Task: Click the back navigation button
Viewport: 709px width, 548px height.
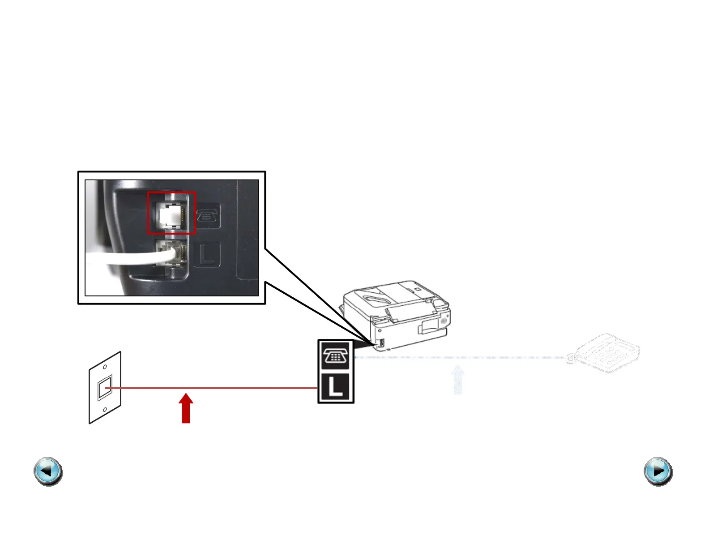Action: [48, 471]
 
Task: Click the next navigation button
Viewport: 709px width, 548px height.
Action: [658, 471]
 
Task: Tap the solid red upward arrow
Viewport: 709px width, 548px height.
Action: [186, 408]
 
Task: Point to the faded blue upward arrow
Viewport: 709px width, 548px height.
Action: [457, 380]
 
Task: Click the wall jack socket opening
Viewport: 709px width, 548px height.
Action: [105, 388]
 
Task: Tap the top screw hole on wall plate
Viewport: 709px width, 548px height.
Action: [105, 367]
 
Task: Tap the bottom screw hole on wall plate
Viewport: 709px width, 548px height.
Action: [105, 410]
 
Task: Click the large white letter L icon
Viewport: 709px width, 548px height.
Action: [336, 387]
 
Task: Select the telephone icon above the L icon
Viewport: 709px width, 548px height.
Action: [336, 356]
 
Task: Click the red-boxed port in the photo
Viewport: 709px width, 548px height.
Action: [171, 213]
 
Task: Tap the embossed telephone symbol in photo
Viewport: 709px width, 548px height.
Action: [207, 216]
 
